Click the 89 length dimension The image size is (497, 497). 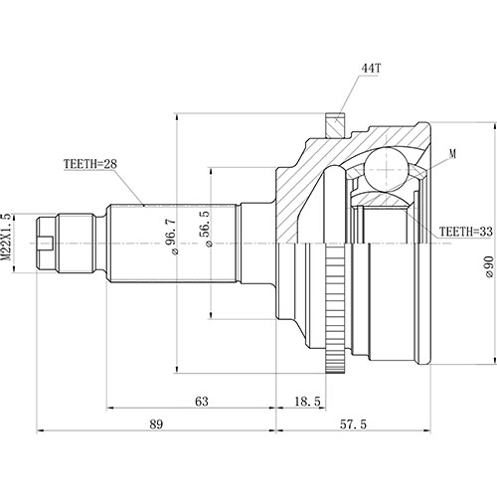pos(156,424)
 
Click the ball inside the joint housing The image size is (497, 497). pos(382,171)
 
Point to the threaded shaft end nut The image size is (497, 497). pos(49,240)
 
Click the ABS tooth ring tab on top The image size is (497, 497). pos(335,124)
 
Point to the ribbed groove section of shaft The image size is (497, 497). pos(81,240)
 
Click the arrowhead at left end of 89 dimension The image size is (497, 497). pos(41,432)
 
